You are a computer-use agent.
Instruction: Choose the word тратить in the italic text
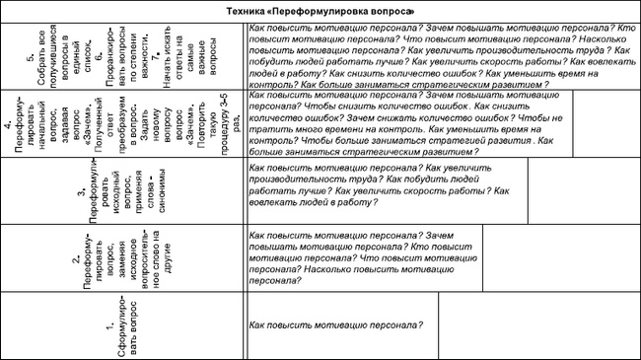pyautogui.click(x=265, y=129)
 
